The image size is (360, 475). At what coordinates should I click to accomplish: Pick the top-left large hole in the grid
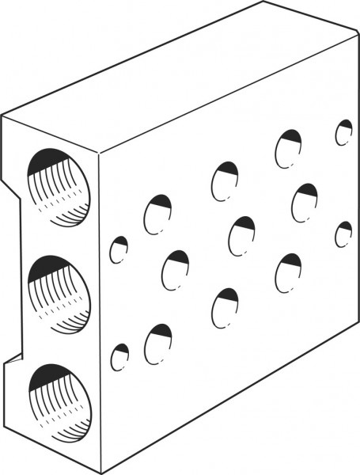(x=157, y=213)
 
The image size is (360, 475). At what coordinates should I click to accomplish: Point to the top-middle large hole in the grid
(x=225, y=180)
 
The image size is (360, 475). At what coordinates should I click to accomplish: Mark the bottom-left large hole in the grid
(x=158, y=343)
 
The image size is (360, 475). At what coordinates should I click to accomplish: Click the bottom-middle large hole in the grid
(x=225, y=307)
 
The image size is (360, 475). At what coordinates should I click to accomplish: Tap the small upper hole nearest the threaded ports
(x=119, y=250)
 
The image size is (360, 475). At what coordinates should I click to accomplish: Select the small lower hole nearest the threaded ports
(x=119, y=357)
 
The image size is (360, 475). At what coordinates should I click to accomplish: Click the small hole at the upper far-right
(x=343, y=132)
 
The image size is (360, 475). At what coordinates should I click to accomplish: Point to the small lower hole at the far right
(x=343, y=235)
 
